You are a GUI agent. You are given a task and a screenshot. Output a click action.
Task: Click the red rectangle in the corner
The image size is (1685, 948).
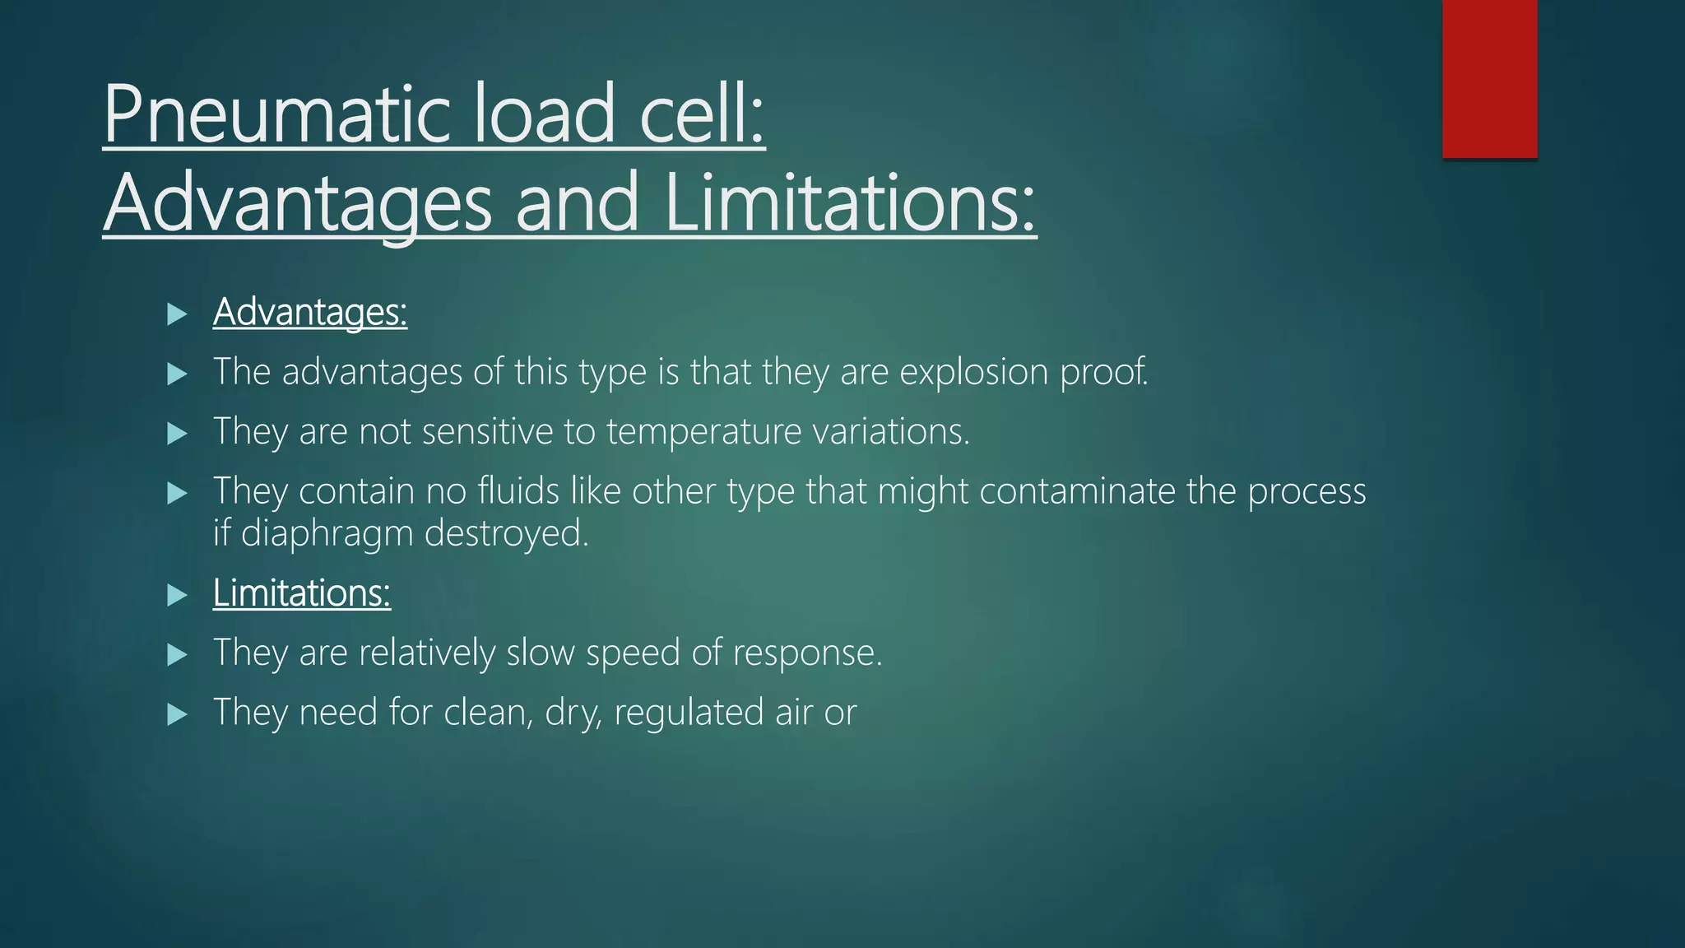click(x=1489, y=79)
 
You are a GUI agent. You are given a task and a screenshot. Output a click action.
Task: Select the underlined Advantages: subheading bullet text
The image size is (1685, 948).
click(x=310, y=312)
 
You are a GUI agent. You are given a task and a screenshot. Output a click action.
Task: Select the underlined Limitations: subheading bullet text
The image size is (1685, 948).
click(x=302, y=592)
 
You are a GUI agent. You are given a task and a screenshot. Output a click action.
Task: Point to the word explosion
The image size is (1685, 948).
click(x=973, y=372)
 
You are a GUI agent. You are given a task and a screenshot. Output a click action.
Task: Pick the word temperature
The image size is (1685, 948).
click(x=703, y=431)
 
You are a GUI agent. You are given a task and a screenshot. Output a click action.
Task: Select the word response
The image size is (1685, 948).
click(x=807, y=653)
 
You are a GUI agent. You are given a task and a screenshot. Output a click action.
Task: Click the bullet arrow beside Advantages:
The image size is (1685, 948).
click(x=177, y=314)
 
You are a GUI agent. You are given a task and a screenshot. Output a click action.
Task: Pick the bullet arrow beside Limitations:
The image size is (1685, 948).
click(x=177, y=594)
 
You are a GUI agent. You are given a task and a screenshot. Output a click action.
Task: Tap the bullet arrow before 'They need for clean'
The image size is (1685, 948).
click(x=177, y=713)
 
